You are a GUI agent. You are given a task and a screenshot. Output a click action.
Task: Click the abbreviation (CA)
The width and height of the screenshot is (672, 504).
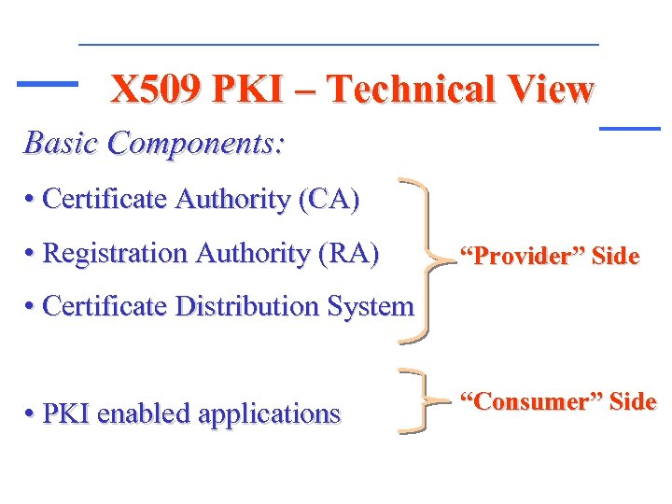[x=328, y=200]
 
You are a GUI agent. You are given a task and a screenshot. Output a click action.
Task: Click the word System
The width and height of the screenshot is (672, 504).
[x=371, y=306]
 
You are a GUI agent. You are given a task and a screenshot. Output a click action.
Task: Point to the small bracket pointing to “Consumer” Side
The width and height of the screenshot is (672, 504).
[x=419, y=401]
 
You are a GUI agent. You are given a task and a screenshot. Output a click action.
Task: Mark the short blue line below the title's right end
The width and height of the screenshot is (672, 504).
[x=628, y=127]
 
